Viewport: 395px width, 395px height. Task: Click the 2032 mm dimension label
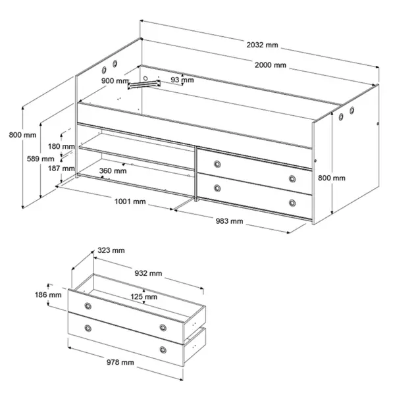pos(262,45)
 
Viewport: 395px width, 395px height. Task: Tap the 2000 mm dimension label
pos(271,65)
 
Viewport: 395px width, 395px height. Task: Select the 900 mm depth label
pos(115,81)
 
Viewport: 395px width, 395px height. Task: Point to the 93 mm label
pos(182,80)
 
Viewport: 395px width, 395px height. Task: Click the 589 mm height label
pos(41,159)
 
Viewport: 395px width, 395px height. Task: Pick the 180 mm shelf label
pos(61,146)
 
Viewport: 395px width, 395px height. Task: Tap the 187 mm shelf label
pos(61,169)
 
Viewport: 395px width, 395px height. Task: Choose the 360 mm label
pos(113,171)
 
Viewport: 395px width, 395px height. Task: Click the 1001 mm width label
pos(130,201)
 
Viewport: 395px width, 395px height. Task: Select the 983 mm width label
pos(229,221)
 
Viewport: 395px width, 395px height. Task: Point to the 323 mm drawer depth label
pos(111,250)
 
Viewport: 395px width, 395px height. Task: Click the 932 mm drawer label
pos(148,273)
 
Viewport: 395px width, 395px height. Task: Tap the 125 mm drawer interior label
pos(144,297)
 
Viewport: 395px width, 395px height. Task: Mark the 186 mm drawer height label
pos(48,295)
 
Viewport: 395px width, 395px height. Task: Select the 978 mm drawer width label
pos(120,363)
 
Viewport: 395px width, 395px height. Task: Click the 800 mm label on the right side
pos(332,178)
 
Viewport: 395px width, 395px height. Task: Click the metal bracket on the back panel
pos(144,85)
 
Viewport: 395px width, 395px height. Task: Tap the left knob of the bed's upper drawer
pos(217,164)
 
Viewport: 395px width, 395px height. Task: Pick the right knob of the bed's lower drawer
pos(292,203)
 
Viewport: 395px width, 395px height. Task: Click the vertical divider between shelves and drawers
pos(196,174)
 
